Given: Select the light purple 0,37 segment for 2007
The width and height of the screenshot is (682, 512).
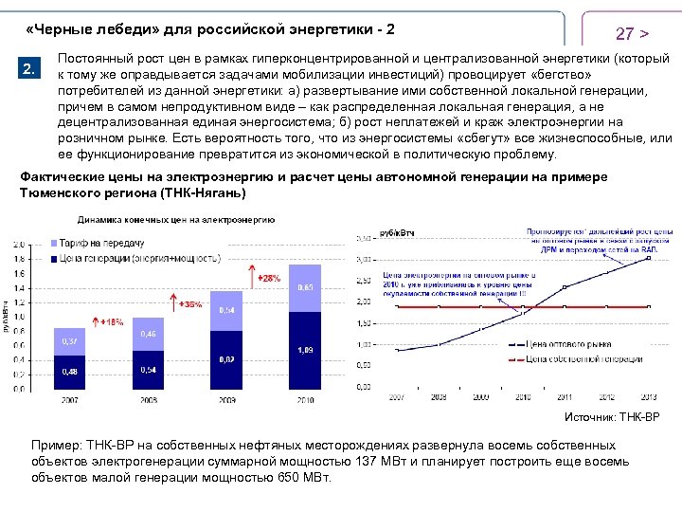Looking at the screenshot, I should [70, 341].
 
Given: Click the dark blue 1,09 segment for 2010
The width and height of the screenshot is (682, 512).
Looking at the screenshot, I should [305, 351].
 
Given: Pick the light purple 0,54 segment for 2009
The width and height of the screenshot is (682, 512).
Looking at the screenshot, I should [227, 310].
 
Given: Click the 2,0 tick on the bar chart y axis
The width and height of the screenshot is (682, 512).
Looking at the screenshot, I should [19, 244].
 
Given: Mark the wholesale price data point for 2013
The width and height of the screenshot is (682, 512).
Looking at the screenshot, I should [649, 257].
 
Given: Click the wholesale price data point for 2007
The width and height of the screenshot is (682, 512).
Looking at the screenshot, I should [398, 350].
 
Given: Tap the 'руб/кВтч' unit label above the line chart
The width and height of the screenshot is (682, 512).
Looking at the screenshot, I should [397, 232].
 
